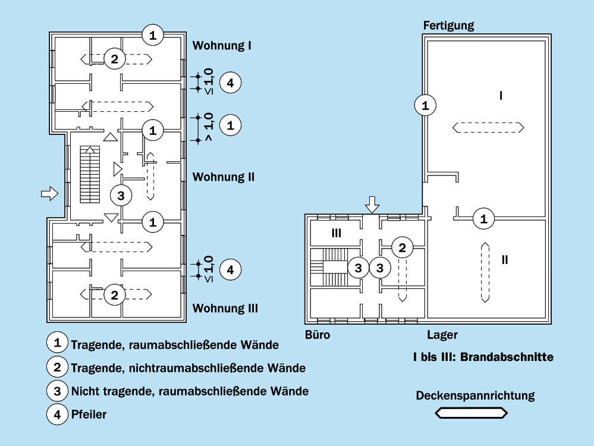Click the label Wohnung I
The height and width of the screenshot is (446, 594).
222,45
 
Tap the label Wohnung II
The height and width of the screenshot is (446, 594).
224,177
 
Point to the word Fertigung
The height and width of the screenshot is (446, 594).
449,25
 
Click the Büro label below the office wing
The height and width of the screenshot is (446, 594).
318,335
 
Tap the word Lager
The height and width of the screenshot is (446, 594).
442,335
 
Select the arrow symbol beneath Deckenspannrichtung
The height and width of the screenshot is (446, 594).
472,413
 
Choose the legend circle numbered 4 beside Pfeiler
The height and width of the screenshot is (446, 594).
58,413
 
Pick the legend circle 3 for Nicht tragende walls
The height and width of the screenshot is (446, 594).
58,390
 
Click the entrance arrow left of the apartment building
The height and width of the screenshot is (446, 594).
49,193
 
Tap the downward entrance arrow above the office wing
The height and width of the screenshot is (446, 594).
372,204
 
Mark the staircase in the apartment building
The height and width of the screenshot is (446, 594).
90,174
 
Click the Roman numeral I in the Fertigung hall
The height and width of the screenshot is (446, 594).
501,95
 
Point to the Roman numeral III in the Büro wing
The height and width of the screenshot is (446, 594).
336,234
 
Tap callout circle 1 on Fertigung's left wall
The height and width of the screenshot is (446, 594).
425,106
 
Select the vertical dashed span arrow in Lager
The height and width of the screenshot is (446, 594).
486,272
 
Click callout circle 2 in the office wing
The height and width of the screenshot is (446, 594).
403,248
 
